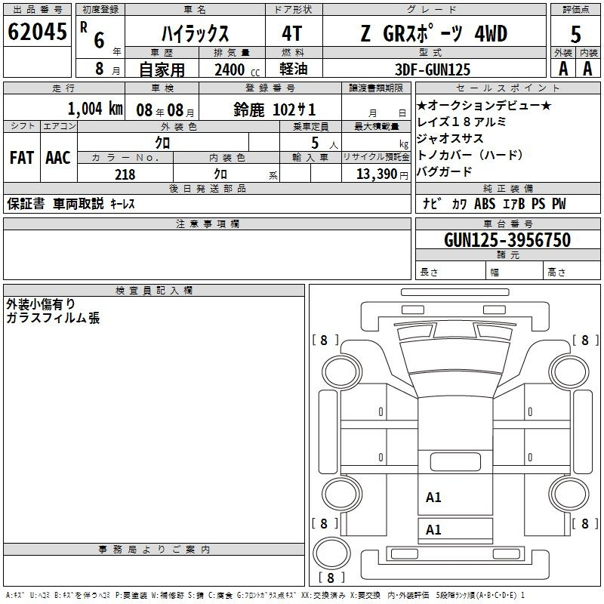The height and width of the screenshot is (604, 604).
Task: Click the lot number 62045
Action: (37, 32)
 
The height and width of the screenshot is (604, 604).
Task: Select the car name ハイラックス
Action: (195, 33)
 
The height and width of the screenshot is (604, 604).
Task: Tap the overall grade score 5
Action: (575, 35)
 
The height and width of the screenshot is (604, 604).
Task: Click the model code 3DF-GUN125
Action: (433, 69)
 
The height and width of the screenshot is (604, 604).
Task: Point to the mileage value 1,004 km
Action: (95, 109)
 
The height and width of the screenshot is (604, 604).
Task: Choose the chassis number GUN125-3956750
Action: (507, 240)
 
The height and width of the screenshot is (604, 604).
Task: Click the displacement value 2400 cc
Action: (237, 69)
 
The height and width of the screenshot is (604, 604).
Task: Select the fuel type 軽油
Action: (293, 69)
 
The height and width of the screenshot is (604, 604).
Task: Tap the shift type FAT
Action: (22, 158)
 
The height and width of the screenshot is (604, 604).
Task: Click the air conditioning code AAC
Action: (58, 158)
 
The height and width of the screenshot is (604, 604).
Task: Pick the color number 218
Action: (125, 174)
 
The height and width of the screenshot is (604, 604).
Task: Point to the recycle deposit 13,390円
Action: (382, 174)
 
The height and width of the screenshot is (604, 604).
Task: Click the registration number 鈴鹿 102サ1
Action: (275, 109)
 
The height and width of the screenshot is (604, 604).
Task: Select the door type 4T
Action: (292, 33)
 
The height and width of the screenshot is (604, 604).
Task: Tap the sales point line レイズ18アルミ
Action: (461, 122)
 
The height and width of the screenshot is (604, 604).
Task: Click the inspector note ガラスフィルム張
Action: (53, 318)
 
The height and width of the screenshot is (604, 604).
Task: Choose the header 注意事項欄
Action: (207, 223)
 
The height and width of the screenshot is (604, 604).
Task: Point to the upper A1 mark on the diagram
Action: (433, 498)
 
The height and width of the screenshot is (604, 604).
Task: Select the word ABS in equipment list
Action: (485, 203)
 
